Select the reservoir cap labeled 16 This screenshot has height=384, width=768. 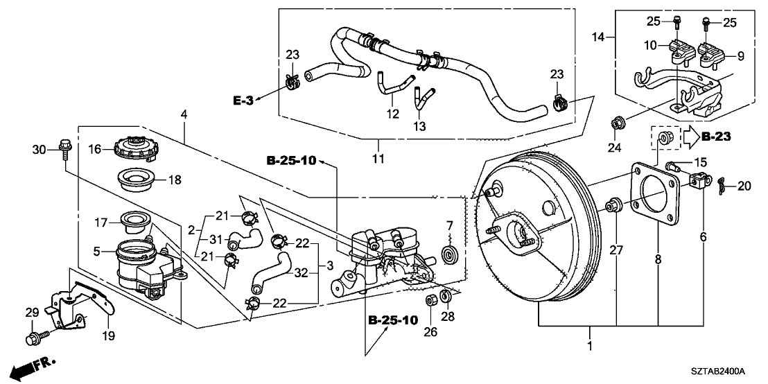point(134,148)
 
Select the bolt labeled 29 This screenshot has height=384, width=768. point(34,339)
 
